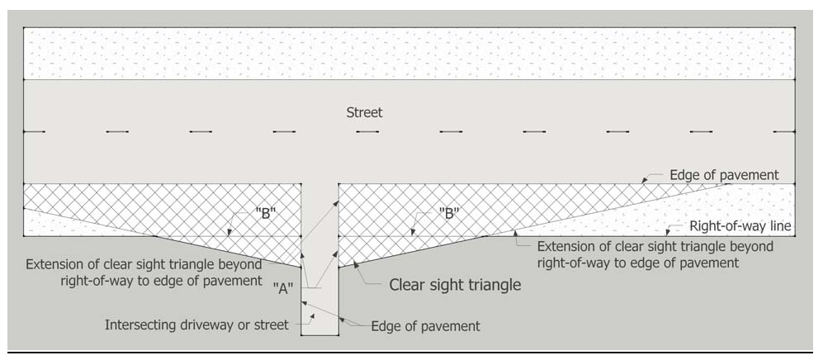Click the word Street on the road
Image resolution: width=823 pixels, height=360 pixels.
pyautogui.click(x=364, y=112)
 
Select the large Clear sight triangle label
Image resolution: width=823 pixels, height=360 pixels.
pyautogui.click(x=455, y=285)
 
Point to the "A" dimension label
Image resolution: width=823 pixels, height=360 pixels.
pyautogui.click(x=281, y=289)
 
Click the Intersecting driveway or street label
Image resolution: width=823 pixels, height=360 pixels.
pyautogui.click(x=196, y=324)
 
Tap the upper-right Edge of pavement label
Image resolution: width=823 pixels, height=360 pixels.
pyautogui.click(x=724, y=175)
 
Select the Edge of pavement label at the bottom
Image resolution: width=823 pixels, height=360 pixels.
pyautogui.click(x=425, y=326)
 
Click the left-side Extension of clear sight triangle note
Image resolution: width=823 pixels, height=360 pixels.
pyautogui.click(x=144, y=272)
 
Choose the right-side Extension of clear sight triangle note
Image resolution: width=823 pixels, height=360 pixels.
pyautogui.click(x=655, y=254)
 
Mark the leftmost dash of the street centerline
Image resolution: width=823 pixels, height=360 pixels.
pyautogui.click(x=34, y=131)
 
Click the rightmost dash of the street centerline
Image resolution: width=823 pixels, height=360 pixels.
pyautogui.click(x=784, y=131)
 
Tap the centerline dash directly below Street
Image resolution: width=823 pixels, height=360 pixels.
pyautogui.click(x=367, y=131)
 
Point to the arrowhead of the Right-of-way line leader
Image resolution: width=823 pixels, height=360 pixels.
pyautogui.click(x=667, y=234)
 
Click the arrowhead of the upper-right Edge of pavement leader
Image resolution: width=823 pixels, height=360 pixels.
pyautogui.click(x=644, y=182)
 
